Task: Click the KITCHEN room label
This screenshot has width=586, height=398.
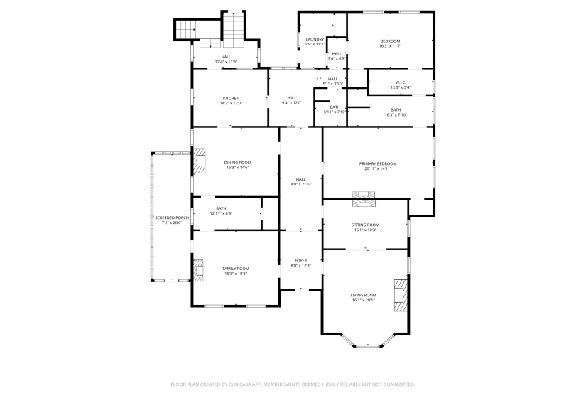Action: (231, 98)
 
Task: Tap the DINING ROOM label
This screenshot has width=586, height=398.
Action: (239, 163)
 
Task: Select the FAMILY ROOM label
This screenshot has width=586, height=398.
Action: (237, 269)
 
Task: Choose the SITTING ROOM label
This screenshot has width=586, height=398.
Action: (365, 225)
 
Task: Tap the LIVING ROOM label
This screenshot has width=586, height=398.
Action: (363, 295)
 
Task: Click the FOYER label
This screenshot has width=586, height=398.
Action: (300, 261)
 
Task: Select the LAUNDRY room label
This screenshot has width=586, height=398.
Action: (315, 39)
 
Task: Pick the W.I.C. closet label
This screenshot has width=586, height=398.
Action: (401, 82)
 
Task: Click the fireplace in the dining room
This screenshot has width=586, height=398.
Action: (200, 161)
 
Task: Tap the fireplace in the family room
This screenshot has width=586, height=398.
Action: (199, 270)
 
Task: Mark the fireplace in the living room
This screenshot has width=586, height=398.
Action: (402, 294)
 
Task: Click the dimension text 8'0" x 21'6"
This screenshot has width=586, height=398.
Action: (300, 185)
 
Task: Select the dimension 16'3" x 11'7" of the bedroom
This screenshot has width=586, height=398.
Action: (390, 46)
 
